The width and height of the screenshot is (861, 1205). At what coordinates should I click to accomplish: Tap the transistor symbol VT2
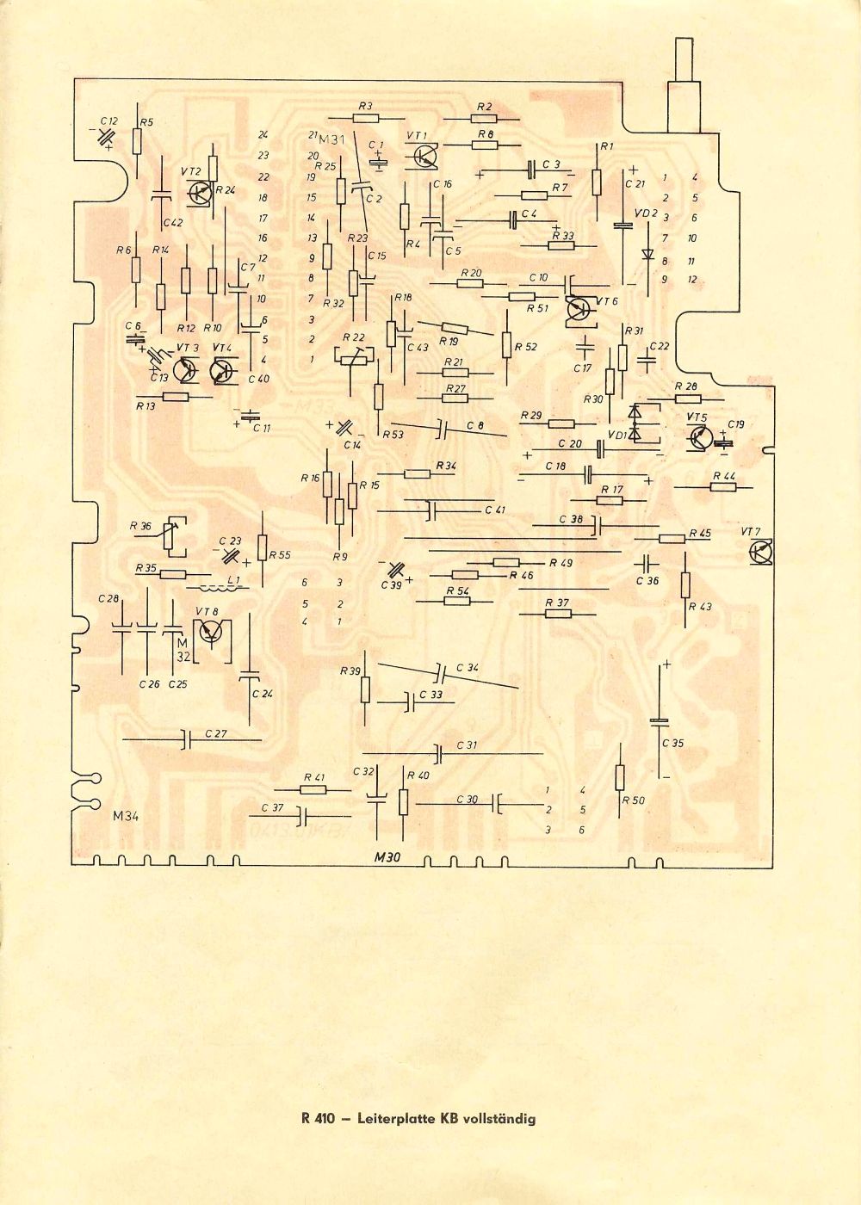tap(200, 193)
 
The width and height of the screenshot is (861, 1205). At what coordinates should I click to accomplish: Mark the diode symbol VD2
tap(647, 254)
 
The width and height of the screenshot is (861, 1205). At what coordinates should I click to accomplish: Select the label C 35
tap(672, 743)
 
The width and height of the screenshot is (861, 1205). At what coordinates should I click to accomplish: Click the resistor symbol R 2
tap(483, 120)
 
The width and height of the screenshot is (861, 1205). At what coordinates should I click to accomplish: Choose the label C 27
tap(217, 733)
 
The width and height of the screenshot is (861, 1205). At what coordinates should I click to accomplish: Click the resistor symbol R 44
tap(723, 486)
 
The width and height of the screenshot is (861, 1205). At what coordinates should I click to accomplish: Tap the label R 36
tap(139, 526)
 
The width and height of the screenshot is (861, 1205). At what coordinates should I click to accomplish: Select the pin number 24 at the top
tap(263, 134)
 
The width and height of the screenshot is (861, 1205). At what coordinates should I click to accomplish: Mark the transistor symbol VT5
tap(700, 438)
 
